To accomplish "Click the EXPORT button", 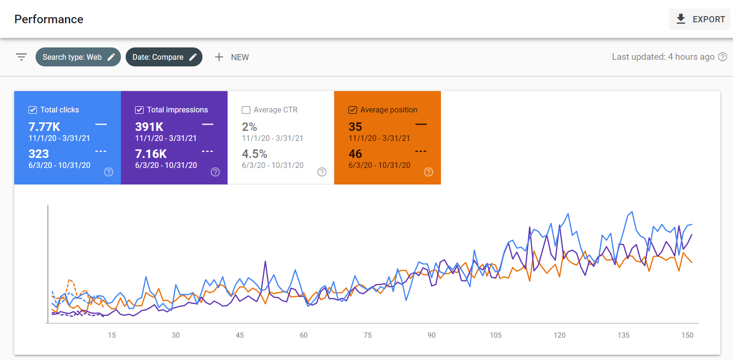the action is pyautogui.click(x=699, y=19).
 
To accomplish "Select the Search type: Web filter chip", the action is pyautogui.click(x=78, y=57).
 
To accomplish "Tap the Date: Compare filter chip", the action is pyautogui.click(x=164, y=57).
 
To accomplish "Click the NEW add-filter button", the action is pyautogui.click(x=232, y=57).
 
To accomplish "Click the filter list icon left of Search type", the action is pyautogui.click(x=22, y=57).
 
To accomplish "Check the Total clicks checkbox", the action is pyautogui.click(x=33, y=110).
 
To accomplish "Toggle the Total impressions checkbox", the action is pyautogui.click(x=139, y=110).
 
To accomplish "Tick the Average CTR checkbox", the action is pyautogui.click(x=246, y=110).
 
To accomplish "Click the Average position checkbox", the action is pyautogui.click(x=353, y=110).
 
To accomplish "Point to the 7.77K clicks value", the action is pyautogui.click(x=44, y=127).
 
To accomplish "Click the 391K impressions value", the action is pyautogui.click(x=149, y=127).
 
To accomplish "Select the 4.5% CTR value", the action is pyautogui.click(x=255, y=154).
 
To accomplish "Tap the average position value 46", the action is pyautogui.click(x=356, y=154).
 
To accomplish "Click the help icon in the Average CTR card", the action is pyautogui.click(x=322, y=172).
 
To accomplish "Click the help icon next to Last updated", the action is pyautogui.click(x=723, y=57).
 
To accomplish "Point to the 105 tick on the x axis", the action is pyautogui.click(x=495, y=335).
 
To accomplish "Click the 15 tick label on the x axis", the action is pyautogui.click(x=112, y=335).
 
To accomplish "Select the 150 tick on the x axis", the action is pyautogui.click(x=687, y=335).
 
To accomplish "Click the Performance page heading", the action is pyautogui.click(x=49, y=19).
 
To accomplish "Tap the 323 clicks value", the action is pyautogui.click(x=38, y=154).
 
